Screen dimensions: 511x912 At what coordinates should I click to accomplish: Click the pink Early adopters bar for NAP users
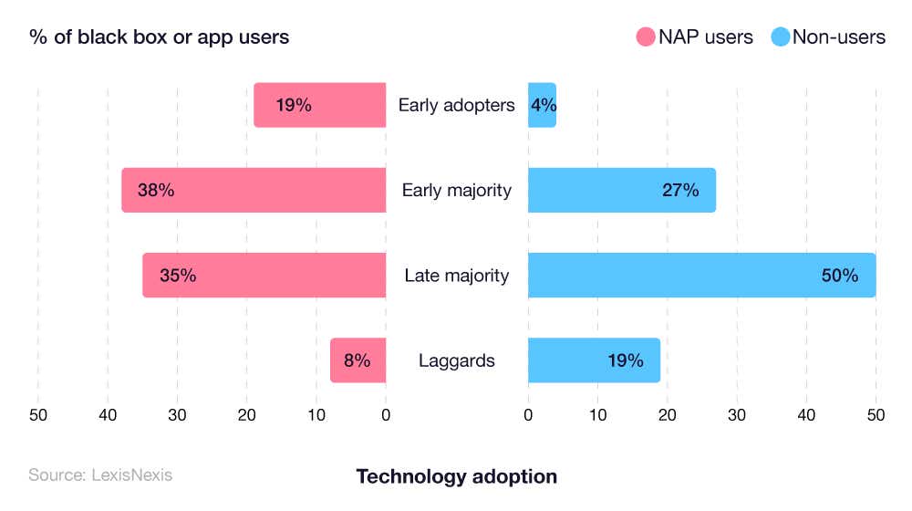pos(319,105)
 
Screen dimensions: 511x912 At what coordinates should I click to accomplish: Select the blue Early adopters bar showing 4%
pos(542,105)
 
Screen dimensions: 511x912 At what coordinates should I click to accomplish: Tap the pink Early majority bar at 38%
pos(254,190)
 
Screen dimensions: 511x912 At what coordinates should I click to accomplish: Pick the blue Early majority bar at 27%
pos(621,190)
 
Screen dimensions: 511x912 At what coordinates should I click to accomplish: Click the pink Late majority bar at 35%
pos(264,275)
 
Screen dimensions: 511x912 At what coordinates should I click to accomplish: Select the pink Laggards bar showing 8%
pos(358,360)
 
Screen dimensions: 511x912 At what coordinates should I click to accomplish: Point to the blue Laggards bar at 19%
pos(594,360)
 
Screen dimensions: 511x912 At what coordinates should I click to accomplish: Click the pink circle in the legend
pos(646,37)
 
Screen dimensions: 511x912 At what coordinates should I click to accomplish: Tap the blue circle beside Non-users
pos(781,37)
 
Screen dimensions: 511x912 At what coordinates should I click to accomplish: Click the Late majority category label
pos(456,275)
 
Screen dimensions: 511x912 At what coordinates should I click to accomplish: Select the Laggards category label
pos(456,360)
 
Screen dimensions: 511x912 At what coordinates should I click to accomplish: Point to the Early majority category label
pos(456,190)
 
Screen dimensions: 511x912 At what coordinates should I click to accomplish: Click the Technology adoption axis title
pos(456,476)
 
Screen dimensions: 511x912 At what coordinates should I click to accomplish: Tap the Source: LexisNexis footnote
pos(99,474)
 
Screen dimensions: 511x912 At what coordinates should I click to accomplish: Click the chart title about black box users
pos(160,37)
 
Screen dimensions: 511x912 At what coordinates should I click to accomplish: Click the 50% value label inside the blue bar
pos(839,275)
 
